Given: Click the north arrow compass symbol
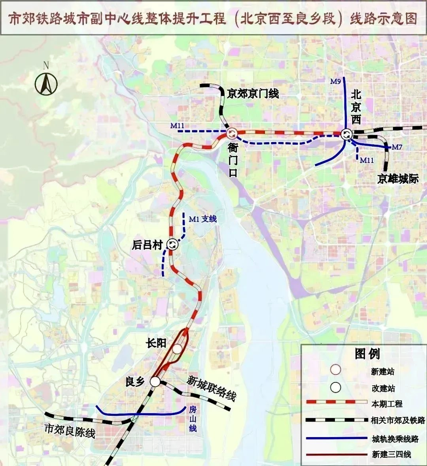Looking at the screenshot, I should pyautogui.click(x=46, y=83).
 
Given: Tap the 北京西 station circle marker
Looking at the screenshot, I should pyautogui.click(x=347, y=134).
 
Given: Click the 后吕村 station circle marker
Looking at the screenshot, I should pyautogui.click(x=172, y=245).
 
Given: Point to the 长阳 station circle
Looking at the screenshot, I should pyautogui.click(x=177, y=349).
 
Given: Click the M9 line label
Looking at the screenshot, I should pyautogui.click(x=335, y=82).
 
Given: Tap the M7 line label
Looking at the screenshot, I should pyautogui.click(x=397, y=147).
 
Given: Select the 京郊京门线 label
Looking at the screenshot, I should pyautogui.click(x=253, y=93).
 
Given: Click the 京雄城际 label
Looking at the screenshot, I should pyautogui.click(x=398, y=179).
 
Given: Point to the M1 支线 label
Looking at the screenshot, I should pyautogui.click(x=203, y=219).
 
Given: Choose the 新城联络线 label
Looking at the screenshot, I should pyautogui.click(x=212, y=388).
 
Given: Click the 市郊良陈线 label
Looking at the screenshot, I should pyautogui.click(x=70, y=431).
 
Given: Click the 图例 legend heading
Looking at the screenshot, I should pyautogui.click(x=367, y=354).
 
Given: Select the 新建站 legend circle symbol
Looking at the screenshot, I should pyautogui.click(x=336, y=370).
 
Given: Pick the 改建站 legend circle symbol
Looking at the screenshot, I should pyautogui.click(x=336, y=387).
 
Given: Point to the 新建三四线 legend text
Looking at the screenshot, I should pyautogui.click(x=391, y=455).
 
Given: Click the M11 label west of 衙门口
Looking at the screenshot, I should pyautogui.click(x=178, y=126).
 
